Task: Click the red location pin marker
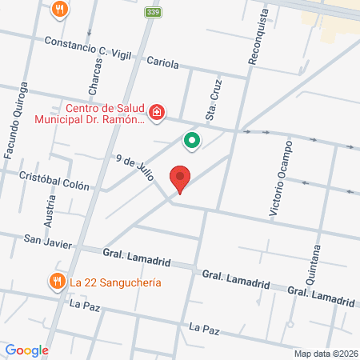click(180, 179)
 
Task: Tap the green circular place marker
click(192, 142)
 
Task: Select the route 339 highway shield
click(152, 12)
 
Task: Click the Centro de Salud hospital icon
click(158, 111)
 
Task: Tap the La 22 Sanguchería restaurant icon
click(56, 282)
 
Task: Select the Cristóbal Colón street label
click(54, 178)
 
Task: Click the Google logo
click(26, 350)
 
